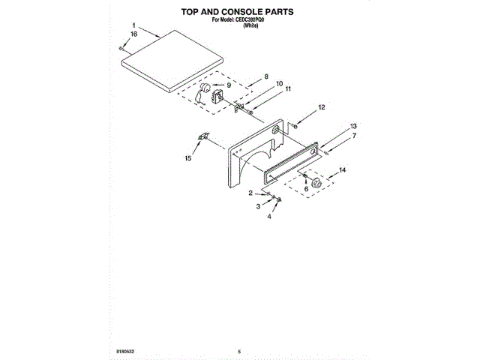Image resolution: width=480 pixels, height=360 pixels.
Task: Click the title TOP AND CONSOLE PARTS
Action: pos(238,13)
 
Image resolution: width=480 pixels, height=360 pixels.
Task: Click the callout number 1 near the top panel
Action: pos(134,25)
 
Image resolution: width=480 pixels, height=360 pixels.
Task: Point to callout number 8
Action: pos(265,76)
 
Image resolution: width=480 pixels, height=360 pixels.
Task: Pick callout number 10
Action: pos(279,84)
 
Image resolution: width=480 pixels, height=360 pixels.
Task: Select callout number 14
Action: pos(343,171)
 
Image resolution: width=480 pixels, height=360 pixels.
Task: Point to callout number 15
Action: pos(188,158)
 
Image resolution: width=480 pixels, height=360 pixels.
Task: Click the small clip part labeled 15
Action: pos(202,137)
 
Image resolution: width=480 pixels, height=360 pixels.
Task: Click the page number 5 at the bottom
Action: pos(238,350)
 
